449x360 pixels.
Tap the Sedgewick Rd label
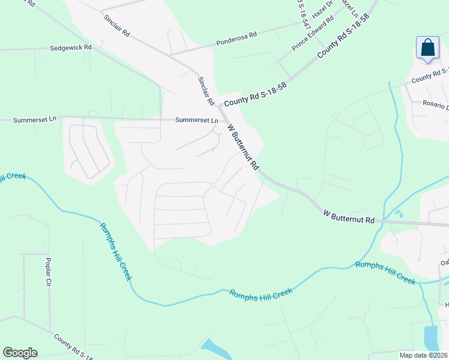(x=71, y=47)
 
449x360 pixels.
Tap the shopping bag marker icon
(x=427, y=48)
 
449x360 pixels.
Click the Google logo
(x=20, y=353)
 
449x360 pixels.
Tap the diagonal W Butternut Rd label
(x=243, y=146)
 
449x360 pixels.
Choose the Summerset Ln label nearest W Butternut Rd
(x=196, y=120)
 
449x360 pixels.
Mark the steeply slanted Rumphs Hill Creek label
(x=115, y=251)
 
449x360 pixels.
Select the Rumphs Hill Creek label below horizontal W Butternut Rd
(x=385, y=273)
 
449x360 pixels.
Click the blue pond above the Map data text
(x=431, y=338)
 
